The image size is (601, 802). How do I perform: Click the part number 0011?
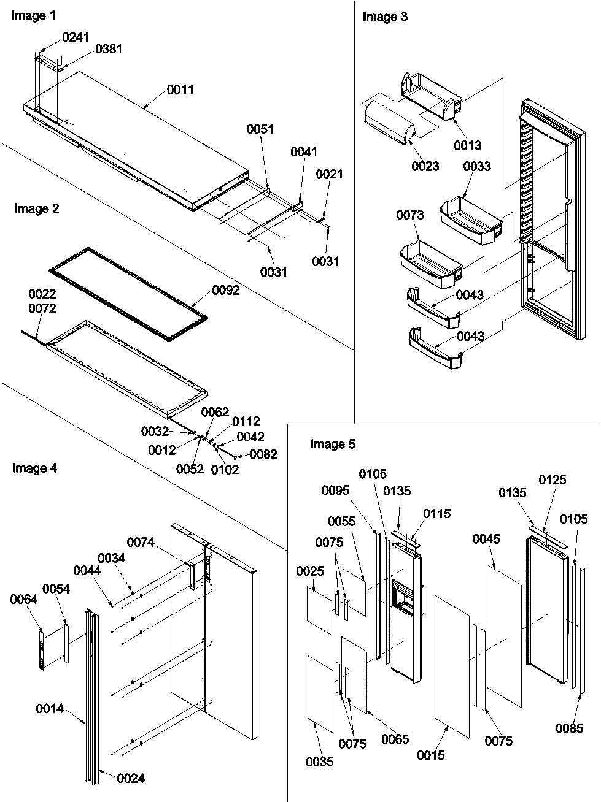[x=180, y=90]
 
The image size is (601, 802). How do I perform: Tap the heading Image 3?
[x=384, y=17]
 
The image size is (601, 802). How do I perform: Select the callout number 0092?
[x=225, y=291]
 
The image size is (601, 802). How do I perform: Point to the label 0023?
[x=425, y=166]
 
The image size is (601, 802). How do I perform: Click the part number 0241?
[x=76, y=37]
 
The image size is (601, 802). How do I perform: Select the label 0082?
[x=263, y=454]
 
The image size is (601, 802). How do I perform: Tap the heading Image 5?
[x=332, y=444]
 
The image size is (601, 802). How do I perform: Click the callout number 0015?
[x=430, y=756]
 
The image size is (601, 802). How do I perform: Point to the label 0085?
[x=569, y=728]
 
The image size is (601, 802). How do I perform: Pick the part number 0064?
[x=23, y=600]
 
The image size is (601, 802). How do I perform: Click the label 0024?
[x=130, y=778]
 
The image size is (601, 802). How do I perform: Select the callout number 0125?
[x=553, y=479]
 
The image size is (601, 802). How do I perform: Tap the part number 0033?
[x=477, y=166]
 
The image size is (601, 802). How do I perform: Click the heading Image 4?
[x=35, y=468]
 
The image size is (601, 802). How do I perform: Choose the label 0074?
[x=141, y=542]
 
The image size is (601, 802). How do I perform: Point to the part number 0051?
[x=260, y=129]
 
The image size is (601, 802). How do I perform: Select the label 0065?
[x=395, y=739]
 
